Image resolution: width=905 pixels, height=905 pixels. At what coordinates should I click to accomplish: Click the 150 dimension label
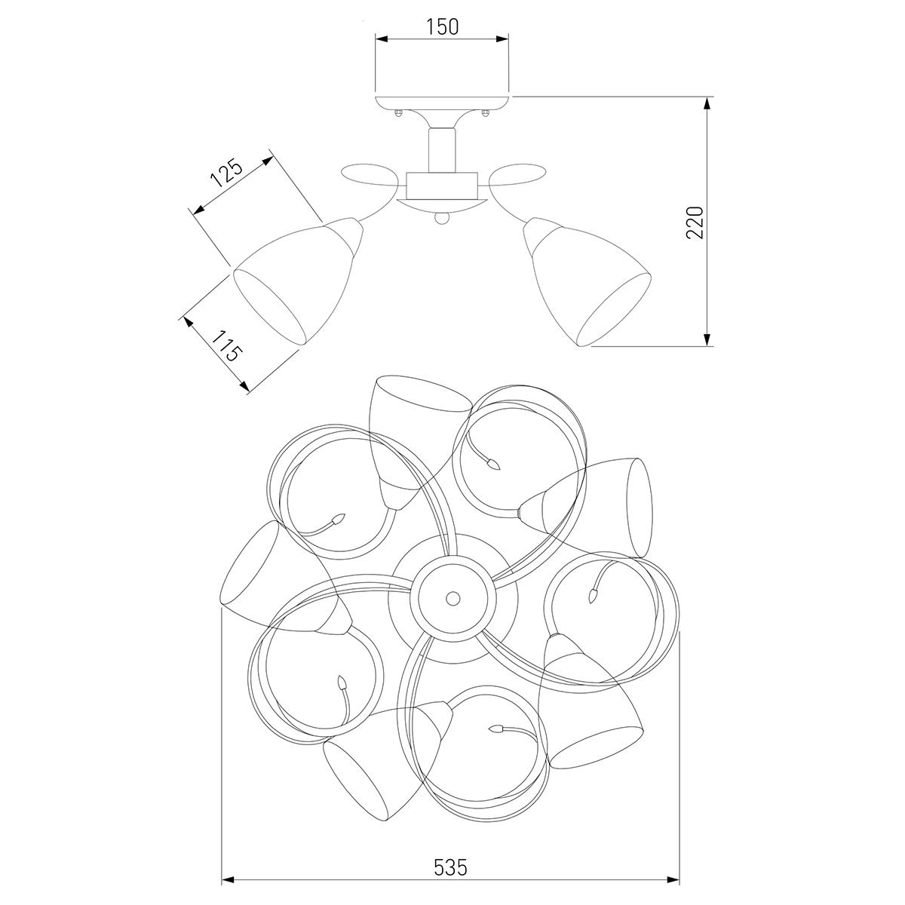point(443,27)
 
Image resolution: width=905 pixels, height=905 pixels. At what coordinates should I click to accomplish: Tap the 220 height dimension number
point(695,222)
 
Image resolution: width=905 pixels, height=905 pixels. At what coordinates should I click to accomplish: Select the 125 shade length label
point(226,173)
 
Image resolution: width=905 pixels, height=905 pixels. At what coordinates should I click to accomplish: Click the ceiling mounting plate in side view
point(443,103)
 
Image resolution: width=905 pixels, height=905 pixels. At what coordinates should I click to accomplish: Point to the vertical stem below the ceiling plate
point(442,150)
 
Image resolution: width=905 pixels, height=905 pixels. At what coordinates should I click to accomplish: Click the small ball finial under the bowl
point(442,219)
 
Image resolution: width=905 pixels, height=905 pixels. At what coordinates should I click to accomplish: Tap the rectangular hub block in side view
point(442,186)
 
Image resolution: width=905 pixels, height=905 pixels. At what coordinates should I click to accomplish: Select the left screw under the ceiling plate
point(399,114)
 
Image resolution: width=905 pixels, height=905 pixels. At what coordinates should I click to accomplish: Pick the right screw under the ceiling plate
point(486,114)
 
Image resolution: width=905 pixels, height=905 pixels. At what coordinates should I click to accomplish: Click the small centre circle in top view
point(452,598)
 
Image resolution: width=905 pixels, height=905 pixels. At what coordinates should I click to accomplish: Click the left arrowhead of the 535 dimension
point(229,880)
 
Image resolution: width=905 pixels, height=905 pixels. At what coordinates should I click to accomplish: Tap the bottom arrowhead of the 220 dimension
point(707,339)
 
